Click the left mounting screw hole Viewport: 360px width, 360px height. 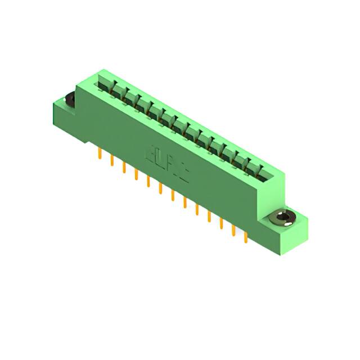pos(70,100)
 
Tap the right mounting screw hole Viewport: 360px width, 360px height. pos(282,218)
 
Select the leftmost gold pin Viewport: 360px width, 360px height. pos(100,152)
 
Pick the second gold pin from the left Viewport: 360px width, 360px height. pos(112,160)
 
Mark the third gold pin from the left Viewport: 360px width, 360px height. pos(124,166)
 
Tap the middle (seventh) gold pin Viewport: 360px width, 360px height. pos(173,195)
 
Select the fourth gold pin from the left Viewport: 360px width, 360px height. pos(136,174)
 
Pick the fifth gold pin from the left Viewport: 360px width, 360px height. pos(148,181)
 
